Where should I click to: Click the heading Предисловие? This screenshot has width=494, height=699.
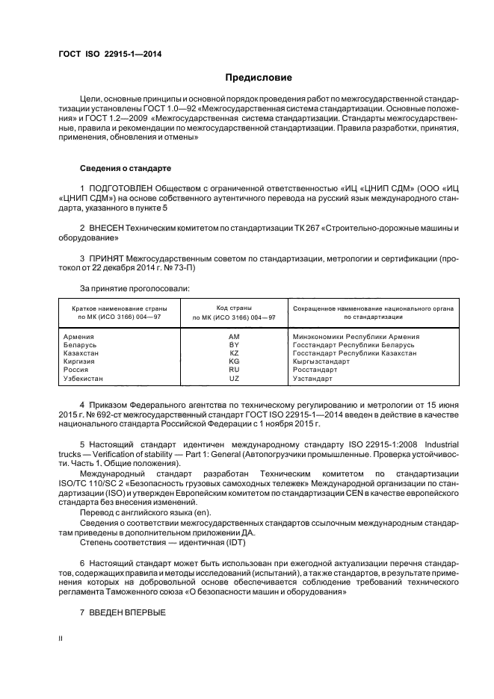[x=259, y=78]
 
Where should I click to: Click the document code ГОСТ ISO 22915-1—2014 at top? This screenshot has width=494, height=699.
[x=110, y=55]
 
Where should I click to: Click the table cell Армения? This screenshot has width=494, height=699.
[x=78, y=337]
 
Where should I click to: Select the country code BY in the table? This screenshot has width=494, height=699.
[x=234, y=345]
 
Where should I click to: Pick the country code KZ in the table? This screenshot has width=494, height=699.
[x=234, y=353]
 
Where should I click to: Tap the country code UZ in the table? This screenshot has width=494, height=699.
[x=234, y=379]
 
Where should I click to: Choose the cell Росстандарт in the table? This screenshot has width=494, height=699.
[x=315, y=370]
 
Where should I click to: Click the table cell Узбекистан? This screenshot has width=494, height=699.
[x=84, y=379]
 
